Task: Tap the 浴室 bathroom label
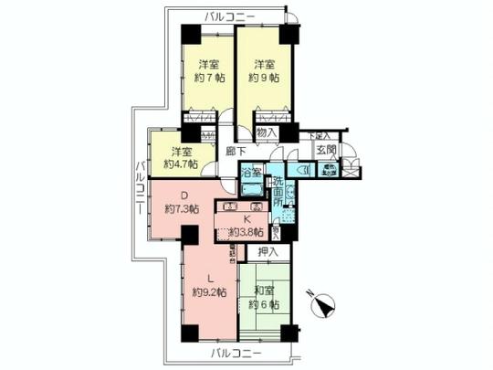pos(252,171)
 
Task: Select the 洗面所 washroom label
pos(278,190)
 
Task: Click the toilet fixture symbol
pos(304,169)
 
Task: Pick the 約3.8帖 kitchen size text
pos(246,230)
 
